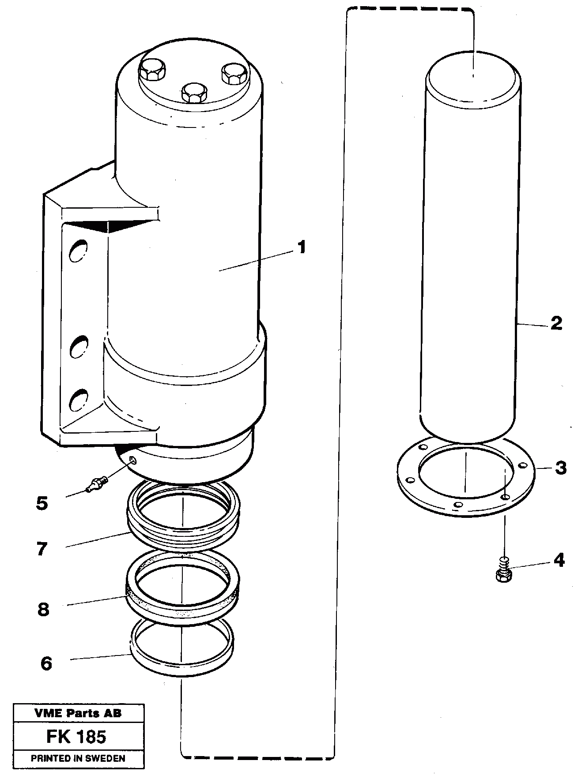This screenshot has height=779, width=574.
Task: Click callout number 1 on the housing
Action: [x=301, y=247]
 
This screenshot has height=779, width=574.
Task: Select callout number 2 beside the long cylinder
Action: [x=556, y=323]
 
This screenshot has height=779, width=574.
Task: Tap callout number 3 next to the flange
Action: [x=560, y=468]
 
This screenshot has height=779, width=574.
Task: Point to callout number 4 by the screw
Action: [x=559, y=560]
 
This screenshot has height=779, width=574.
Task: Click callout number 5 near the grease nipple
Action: [x=42, y=503]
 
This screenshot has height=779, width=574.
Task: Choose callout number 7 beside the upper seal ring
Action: [x=42, y=550]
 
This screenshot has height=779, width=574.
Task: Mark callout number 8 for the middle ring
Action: [x=43, y=610]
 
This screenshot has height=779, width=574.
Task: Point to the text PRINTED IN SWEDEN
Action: [x=78, y=758]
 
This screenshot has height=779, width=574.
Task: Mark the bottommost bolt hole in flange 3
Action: [x=459, y=505]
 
